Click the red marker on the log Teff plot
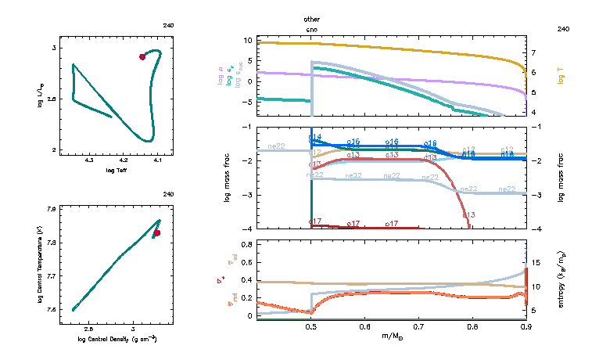142,56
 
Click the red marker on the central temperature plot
157,232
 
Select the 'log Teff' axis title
117,170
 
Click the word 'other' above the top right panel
312,19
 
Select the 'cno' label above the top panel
312,28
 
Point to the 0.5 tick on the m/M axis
311,328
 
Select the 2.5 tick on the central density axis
88,329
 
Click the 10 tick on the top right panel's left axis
246,40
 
